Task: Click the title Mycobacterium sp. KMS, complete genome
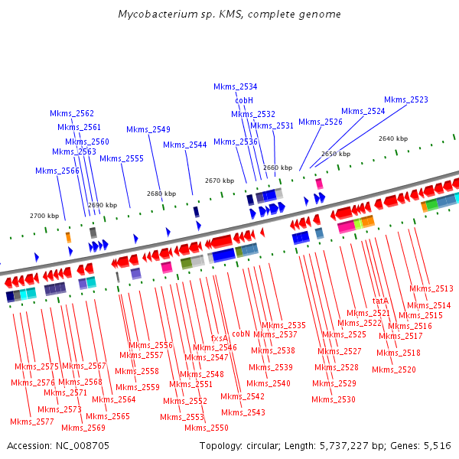pos(229,15)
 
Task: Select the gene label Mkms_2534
pos(235,87)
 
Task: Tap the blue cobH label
pos(244,100)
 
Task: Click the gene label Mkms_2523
pos(405,100)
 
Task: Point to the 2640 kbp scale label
pos(392,138)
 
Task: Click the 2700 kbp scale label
pos(44,216)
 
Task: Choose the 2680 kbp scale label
pos(161,194)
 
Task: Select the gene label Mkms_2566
pos(57,171)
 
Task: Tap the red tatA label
pos(380,301)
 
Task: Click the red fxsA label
pos(219,338)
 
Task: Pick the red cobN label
pos(241,334)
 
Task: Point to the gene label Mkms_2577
pos(31,422)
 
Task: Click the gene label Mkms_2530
pos(334,399)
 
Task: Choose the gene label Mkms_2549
pos(148,129)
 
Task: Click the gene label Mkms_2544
pos(184,145)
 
